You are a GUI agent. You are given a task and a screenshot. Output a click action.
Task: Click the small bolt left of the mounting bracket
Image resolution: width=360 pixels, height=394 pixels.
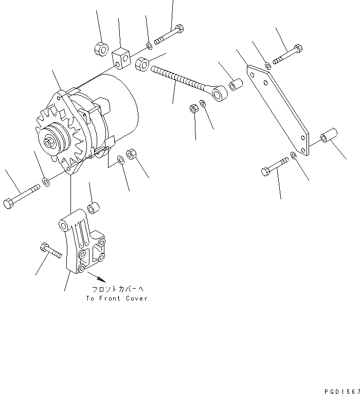(50, 251)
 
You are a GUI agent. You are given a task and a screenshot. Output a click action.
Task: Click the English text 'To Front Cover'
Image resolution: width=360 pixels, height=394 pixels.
(117, 298)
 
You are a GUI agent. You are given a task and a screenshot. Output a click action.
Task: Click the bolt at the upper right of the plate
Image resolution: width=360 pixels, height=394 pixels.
(288, 55)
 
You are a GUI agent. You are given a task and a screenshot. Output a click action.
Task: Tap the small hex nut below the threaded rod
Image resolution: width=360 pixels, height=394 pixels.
(194, 109)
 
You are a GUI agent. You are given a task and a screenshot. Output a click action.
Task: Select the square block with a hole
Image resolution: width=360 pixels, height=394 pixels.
(122, 59)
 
